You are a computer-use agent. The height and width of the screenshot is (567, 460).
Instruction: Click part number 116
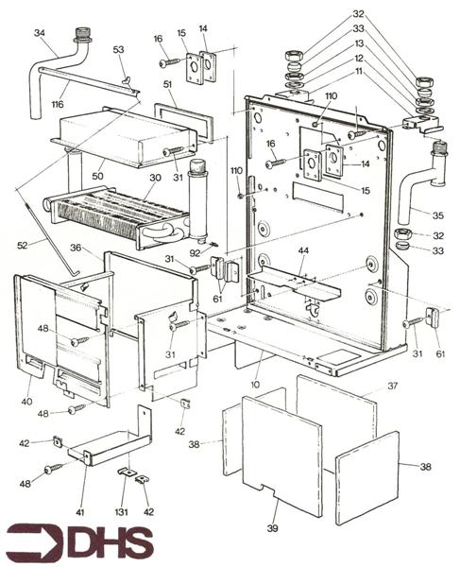click(58, 105)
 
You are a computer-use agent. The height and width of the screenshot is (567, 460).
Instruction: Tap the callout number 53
click(118, 49)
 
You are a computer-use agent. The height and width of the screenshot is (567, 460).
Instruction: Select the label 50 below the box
click(97, 176)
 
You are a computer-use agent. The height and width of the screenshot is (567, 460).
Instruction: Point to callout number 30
click(155, 178)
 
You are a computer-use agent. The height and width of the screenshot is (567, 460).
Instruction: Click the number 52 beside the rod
click(23, 246)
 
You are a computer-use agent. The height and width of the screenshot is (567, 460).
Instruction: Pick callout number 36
click(76, 248)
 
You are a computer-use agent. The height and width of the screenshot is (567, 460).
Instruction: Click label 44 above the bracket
click(303, 249)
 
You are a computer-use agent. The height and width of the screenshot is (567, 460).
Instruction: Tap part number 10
click(255, 385)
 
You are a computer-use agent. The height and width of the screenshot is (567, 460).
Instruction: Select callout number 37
click(392, 386)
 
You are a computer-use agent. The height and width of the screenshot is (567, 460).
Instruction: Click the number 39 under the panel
click(272, 528)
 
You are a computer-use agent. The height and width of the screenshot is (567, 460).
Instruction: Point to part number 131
click(122, 512)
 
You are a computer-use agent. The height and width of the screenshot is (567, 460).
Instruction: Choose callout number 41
click(80, 512)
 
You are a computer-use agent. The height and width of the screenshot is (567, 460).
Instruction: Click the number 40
click(26, 402)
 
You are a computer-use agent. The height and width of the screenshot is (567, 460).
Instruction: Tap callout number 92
click(196, 253)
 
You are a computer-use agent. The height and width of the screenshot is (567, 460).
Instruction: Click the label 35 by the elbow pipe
click(438, 215)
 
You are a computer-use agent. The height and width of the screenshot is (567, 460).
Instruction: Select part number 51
click(167, 85)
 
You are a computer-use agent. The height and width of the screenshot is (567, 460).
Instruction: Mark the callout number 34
click(40, 33)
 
